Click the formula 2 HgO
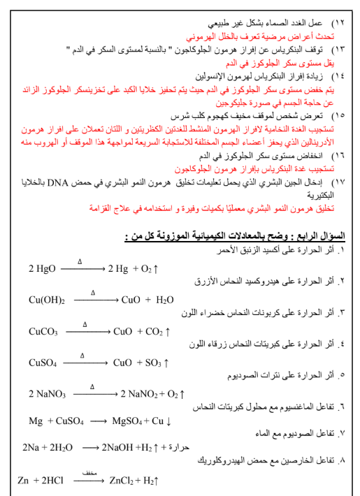tap(42, 268)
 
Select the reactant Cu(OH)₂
tap(47, 300)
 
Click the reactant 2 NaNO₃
tap(47, 394)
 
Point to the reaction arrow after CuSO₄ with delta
tap(83, 363)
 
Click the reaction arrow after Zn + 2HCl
tap(89, 481)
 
